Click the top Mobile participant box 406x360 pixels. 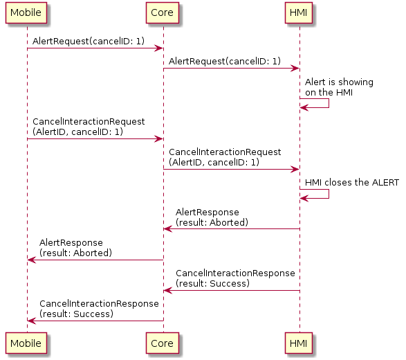pyautogui.click(x=26, y=12)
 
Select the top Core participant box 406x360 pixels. pyautogui.click(x=163, y=12)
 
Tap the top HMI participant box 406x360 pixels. pyautogui.click(x=299, y=12)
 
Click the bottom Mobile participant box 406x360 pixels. pyautogui.click(x=26, y=343)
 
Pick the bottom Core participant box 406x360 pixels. pyautogui.click(x=163, y=343)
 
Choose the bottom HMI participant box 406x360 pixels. pyautogui.click(x=299, y=343)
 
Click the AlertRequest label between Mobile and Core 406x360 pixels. pyautogui.click(x=89, y=42)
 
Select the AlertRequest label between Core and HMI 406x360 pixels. pyautogui.click(x=225, y=62)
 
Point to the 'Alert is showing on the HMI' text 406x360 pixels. pyautogui.click(x=339, y=87)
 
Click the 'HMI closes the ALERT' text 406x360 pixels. pyautogui.click(x=352, y=183)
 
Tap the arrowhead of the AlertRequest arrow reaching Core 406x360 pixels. pyautogui.click(x=159, y=48)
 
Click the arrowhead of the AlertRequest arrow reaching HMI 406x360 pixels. pyautogui.click(x=295, y=69)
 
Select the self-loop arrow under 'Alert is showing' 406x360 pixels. pyautogui.click(x=329, y=103)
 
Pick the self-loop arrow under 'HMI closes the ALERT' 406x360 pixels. pyautogui.click(x=329, y=194)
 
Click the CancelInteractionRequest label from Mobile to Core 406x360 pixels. pyautogui.click(x=89, y=127)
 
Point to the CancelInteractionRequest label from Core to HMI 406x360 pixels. pyautogui.click(x=225, y=157)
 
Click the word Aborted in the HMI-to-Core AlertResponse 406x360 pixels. pyautogui.click(x=228, y=223)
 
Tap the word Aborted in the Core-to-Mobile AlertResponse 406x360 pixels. pyautogui.click(x=91, y=253)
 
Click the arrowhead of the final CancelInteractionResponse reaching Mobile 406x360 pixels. pyautogui.click(x=31, y=321)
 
